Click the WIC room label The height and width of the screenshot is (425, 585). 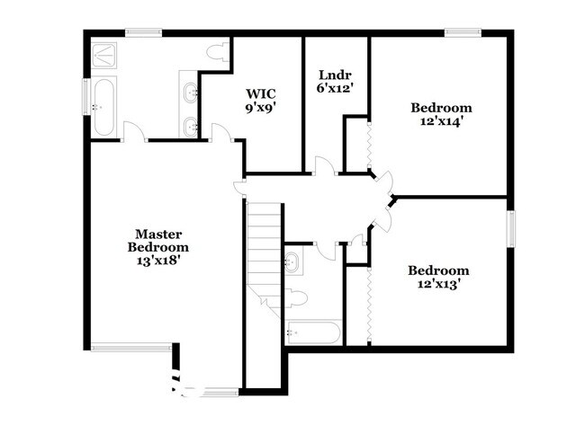coord(261,93)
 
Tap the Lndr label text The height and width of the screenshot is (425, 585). coord(335,75)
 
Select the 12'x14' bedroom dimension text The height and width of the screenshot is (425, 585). coord(442,121)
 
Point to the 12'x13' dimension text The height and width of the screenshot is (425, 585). coord(437,284)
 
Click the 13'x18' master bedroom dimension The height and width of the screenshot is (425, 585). coord(159,261)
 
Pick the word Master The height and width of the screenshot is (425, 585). coord(158,234)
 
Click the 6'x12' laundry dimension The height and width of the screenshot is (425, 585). coord(335,88)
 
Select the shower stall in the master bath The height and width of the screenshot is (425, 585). coord(104,55)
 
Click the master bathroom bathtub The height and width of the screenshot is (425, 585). coord(103,107)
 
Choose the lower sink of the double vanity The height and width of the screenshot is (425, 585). coord(191,126)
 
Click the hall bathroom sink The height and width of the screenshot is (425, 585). coord(292,262)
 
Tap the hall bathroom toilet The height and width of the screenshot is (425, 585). coord(296,297)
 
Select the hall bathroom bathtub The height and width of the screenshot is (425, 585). coord(312,332)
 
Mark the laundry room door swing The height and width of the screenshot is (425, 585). coord(325,165)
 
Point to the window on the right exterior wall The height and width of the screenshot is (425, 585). coord(511,229)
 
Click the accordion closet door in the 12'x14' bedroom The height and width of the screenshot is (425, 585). coord(369,145)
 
